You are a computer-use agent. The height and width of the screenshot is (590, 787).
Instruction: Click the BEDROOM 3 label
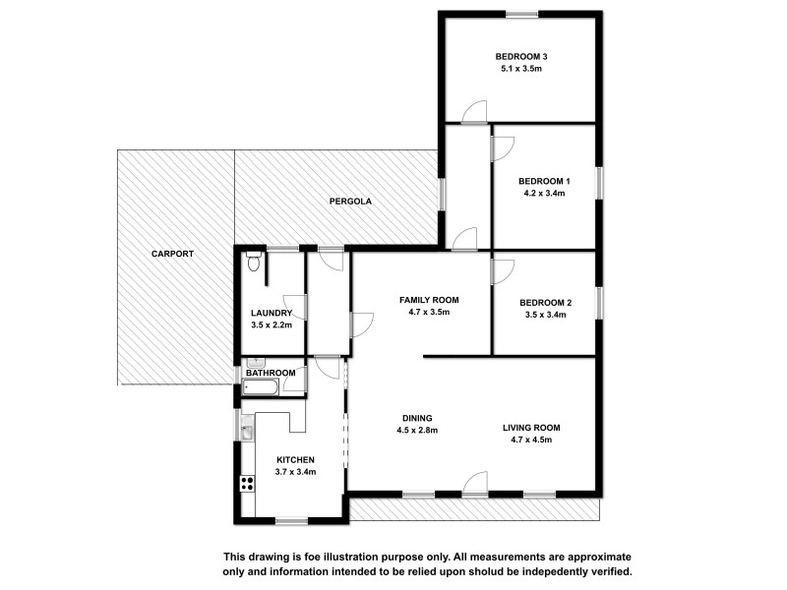click(x=520, y=56)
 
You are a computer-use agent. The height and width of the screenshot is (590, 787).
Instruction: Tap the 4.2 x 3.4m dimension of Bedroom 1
click(x=544, y=194)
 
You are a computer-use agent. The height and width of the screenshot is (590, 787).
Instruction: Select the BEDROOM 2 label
click(x=544, y=302)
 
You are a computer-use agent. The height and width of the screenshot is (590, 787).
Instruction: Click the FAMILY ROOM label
click(x=429, y=299)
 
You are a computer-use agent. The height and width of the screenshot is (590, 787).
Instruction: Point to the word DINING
click(x=416, y=417)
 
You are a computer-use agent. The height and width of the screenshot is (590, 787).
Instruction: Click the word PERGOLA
click(x=349, y=202)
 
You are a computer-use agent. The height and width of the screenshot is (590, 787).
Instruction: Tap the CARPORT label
click(x=172, y=254)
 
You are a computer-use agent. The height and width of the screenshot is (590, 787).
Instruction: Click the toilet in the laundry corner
click(x=254, y=261)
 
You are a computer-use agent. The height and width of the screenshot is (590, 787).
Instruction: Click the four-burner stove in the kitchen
click(x=246, y=483)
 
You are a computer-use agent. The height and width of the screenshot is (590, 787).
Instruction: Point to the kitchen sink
click(x=247, y=430)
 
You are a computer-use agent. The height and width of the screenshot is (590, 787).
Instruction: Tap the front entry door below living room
click(x=474, y=483)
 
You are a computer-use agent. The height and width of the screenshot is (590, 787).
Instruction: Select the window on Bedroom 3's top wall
click(x=521, y=14)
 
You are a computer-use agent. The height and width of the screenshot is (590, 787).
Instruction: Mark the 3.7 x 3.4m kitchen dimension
click(x=295, y=472)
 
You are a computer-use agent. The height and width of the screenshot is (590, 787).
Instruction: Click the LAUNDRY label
click(x=272, y=313)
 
